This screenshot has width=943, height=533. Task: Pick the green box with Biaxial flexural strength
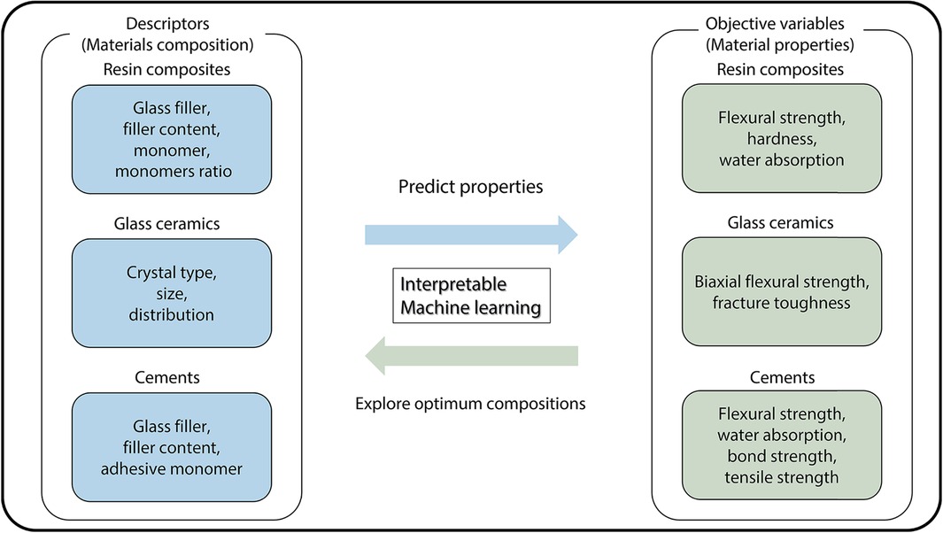[x=782, y=290]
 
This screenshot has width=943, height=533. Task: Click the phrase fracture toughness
[x=782, y=303]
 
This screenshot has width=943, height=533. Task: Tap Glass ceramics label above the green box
[x=782, y=223]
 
